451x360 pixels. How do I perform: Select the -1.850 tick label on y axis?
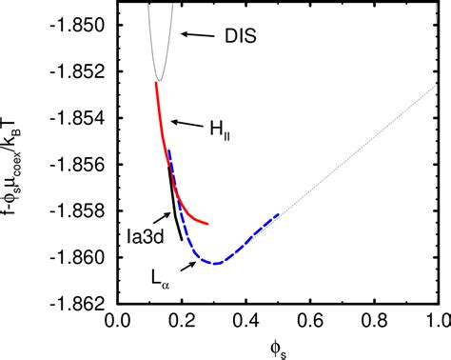[x=84, y=26]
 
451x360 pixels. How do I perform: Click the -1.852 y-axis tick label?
[x=84, y=72]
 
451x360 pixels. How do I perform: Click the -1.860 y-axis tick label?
[x=84, y=257]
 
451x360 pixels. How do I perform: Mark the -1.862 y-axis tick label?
[x=84, y=304]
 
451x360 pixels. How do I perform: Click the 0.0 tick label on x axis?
[x=118, y=321]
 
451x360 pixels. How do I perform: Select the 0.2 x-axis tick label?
[x=182, y=321]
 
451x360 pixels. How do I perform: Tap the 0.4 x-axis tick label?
[x=246, y=321]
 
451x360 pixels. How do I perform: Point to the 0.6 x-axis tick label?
[x=310, y=321]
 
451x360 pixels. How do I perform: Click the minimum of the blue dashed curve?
[x=216, y=263]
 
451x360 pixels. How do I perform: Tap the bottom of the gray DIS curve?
[x=158, y=80]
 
